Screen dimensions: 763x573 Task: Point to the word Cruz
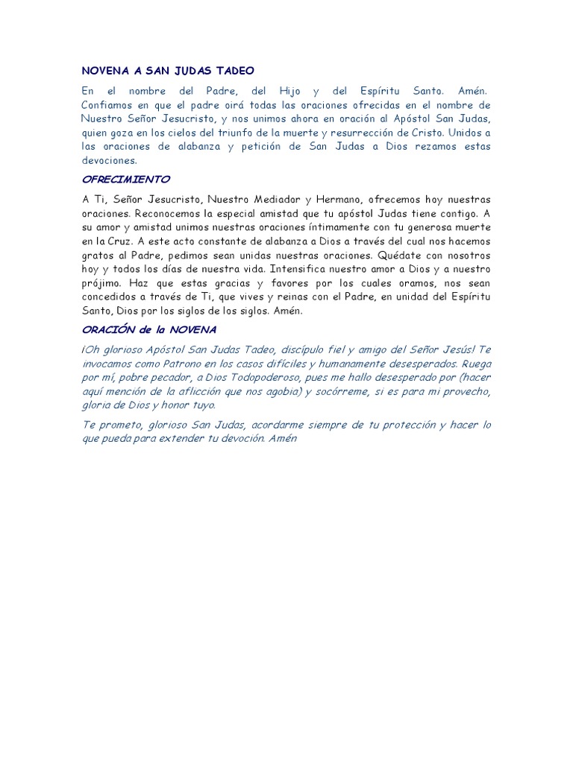tap(118, 241)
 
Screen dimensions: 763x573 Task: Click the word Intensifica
tap(300, 269)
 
